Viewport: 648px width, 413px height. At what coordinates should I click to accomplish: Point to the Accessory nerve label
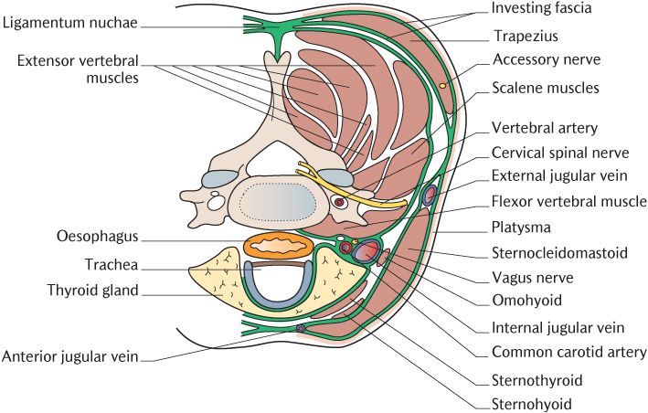(546, 60)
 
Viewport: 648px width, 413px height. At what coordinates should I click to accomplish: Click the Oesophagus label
(96, 237)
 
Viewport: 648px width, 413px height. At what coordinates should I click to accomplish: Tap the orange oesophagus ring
(279, 245)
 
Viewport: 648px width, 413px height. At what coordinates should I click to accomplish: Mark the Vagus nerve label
(532, 277)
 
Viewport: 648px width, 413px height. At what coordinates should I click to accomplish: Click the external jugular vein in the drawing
(429, 194)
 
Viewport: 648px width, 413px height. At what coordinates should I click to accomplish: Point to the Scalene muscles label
(546, 89)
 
